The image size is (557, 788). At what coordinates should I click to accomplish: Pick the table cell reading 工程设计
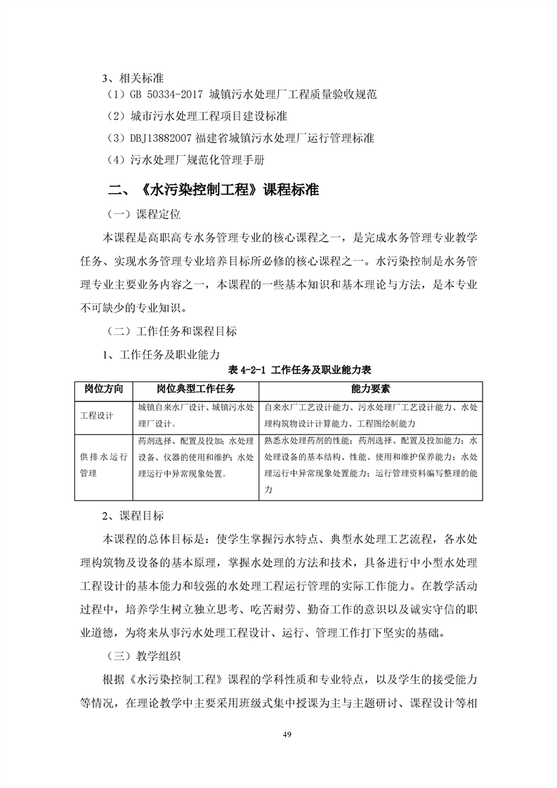pyautogui.click(x=97, y=415)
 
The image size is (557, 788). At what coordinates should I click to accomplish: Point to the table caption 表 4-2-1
pyautogui.click(x=246, y=369)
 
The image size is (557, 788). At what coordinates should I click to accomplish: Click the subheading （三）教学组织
pyautogui.click(x=144, y=658)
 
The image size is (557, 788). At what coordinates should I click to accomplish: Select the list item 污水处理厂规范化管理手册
pyautogui.click(x=197, y=159)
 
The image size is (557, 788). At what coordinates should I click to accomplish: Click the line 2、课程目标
pyautogui.click(x=133, y=516)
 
